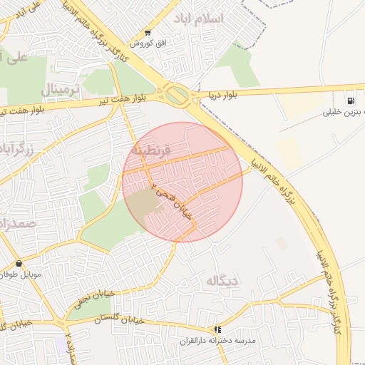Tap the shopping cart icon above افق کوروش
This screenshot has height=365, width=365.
pyautogui.click(x=148, y=33)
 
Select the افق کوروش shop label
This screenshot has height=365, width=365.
pyautogui.click(x=148, y=43)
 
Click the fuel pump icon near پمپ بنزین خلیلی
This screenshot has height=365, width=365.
pyautogui.click(x=351, y=101)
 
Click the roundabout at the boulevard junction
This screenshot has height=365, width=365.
pyautogui.click(x=176, y=95)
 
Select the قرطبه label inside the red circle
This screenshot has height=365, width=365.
pyautogui.click(x=150, y=151)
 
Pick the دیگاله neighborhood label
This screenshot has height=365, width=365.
pyautogui.click(x=222, y=280)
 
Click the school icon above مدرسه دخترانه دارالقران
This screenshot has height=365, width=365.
pyautogui.click(x=218, y=330)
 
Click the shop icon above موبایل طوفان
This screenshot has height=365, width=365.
pyautogui.click(x=19, y=264)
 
